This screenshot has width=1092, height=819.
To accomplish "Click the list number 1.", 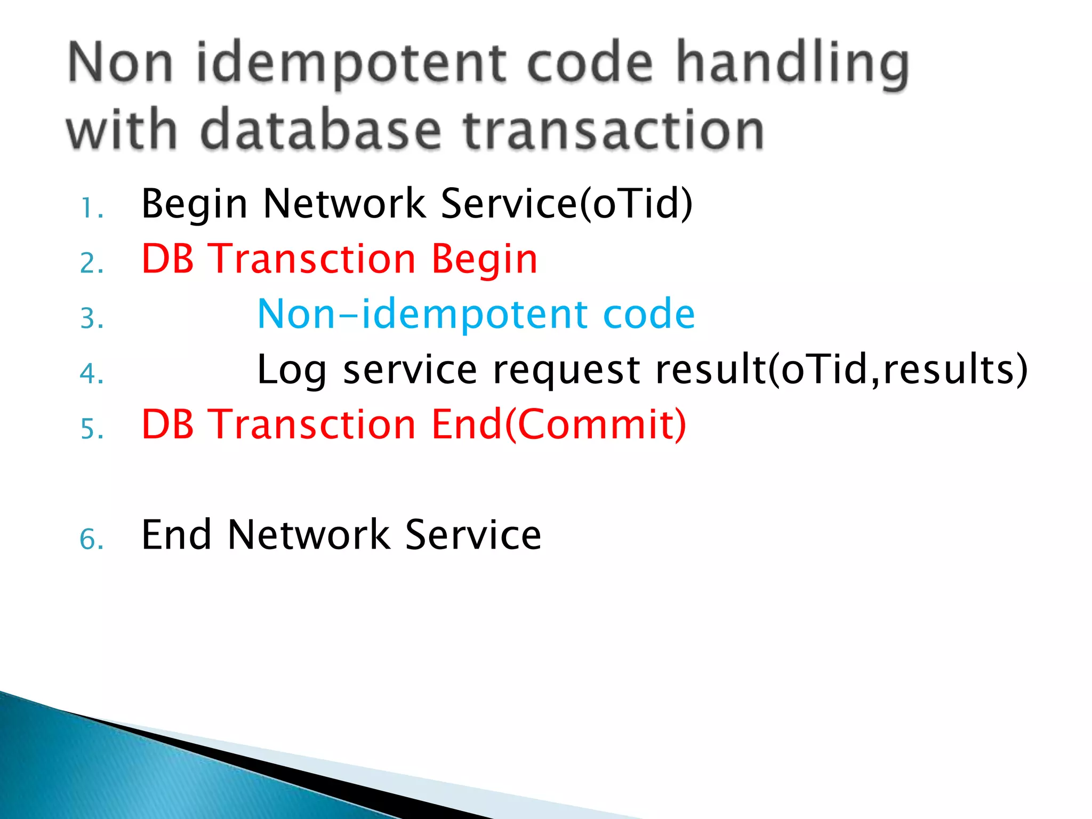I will (x=91, y=208).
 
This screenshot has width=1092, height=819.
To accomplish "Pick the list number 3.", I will (x=91, y=319).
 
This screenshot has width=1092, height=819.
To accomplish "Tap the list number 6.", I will (x=91, y=539).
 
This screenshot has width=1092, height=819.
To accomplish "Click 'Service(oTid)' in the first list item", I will (x=567, y=204).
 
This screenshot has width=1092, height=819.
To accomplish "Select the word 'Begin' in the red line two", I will (x=484, y=260).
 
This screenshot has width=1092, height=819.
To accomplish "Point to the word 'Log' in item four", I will (x=291, y=370).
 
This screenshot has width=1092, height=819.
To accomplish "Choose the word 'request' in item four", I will (x=566, y=370).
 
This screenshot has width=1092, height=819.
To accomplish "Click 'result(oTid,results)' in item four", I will (x=841, y=369).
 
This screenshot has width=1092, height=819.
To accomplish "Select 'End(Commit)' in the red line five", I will (x=558, y=424).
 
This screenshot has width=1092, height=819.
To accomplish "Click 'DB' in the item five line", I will (x=167, y=424).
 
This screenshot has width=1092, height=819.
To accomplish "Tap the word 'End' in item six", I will (x=176, y=535).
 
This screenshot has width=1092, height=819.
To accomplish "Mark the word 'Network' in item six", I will (x=309, y=535).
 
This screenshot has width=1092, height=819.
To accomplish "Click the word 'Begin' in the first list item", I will (x=194, y=205).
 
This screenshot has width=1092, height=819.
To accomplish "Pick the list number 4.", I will (x=91, y=374).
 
